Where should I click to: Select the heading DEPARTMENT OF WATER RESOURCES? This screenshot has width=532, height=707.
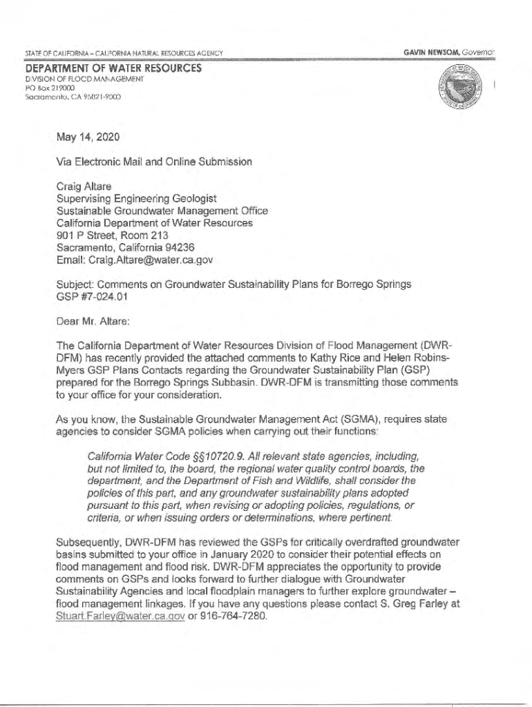coord(113,68)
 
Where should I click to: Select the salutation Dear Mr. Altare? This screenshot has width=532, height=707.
coord(93,320)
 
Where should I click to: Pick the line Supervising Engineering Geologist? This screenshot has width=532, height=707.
coord(137,198)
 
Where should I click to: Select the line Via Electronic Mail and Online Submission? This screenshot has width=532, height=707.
coord(154,162)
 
